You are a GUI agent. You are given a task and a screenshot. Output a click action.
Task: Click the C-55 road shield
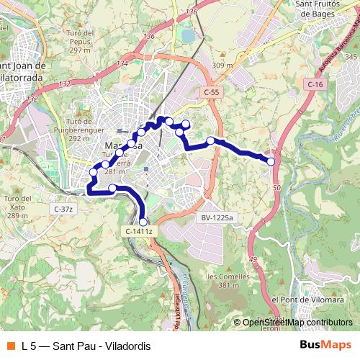tap(211, 92)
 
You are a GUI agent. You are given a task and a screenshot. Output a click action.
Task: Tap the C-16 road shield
tap(315, 85)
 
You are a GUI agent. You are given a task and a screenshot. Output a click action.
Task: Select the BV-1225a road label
tap(218, 216)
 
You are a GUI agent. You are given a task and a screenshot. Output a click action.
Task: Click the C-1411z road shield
tap(139, 231)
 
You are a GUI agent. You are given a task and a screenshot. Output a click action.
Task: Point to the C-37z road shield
tap(63, 209)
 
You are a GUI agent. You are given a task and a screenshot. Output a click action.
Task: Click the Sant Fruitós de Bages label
tap(323, 8)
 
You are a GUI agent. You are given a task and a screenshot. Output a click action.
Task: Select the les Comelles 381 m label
tap(222, 281)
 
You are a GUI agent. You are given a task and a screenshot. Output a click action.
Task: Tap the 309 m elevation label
tap(223, 66)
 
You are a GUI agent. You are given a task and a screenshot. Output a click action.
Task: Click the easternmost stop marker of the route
tap(271, 162)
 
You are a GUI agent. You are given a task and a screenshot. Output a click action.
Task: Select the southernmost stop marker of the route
tap(143, 222)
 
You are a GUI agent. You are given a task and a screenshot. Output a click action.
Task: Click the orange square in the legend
tap(10, 346)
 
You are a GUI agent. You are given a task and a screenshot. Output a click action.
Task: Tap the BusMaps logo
tap(326, 346)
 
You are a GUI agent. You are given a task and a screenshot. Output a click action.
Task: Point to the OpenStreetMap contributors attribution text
tap(297, 323)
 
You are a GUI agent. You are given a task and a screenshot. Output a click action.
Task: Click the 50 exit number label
tap(276, 187)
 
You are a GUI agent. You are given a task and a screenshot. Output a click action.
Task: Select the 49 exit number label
tap(252, 259)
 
